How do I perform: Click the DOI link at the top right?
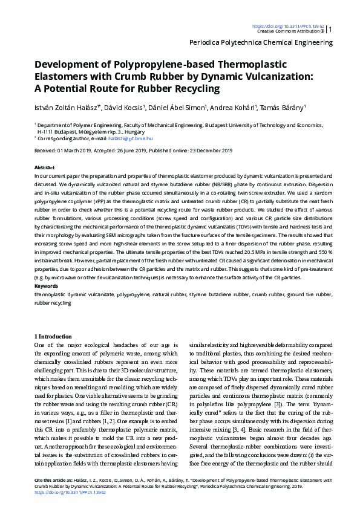tap(288, 27)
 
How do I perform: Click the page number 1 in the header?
tap(330, 28)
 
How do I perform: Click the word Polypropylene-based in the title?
tap(152, 64)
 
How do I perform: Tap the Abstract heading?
tap(45, 167)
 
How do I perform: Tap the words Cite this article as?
tap(46, 480)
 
